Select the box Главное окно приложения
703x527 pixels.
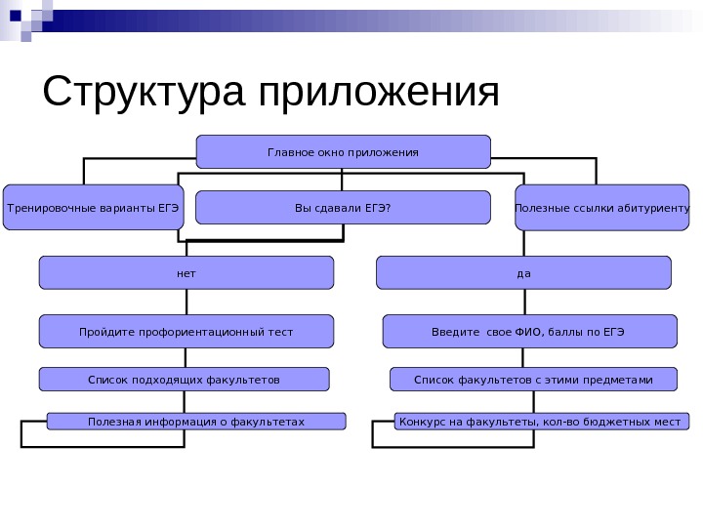[x=343, y=151]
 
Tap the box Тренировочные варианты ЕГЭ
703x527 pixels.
[x=93, y=207]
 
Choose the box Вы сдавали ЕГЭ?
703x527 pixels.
[x=343, y=207]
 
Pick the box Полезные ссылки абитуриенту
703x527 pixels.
[x=602, y=207]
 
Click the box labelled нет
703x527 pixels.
[x=186, y=272]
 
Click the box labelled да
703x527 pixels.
[x=524, y=272]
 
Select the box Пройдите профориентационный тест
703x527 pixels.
[x=186, y=331]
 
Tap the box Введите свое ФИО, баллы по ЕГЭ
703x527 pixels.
[x=529, y=331]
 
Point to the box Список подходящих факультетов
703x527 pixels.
[x=184, y=378]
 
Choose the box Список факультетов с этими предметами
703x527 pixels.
[x=533, y=378]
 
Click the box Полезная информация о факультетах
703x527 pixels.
[x=196, y=421]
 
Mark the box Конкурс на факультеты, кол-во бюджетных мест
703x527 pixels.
[x=542, y=421]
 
